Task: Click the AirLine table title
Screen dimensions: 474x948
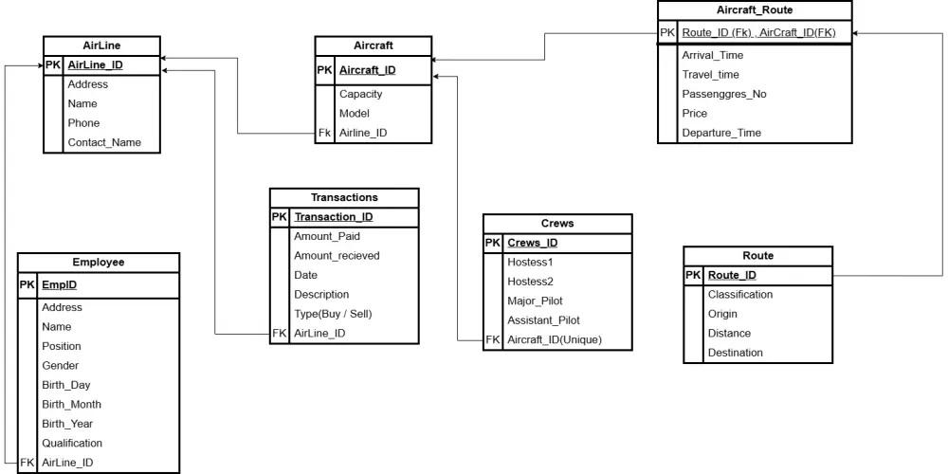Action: pos(101,46)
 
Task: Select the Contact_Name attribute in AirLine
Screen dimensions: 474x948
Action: pos(104,142)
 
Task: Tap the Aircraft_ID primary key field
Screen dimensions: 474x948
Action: pos(367,70)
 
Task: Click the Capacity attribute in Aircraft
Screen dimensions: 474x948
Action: pos(360,94)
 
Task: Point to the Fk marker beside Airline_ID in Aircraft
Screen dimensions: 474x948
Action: pos(325,133)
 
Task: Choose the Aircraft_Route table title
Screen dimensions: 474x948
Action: pos(755,9)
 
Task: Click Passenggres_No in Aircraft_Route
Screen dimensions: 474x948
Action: pos(724,94)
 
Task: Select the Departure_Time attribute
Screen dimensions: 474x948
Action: pos(720,133)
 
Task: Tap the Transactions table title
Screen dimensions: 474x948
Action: pos(344,197)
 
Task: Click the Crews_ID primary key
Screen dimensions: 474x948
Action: pos(532,243)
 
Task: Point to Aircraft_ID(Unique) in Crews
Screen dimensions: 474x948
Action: pos(554,339)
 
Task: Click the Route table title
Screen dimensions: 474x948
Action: pos(757,256)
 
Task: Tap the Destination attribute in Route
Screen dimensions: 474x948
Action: pos(735,353)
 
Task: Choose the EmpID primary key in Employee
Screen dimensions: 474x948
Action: pos(59,284)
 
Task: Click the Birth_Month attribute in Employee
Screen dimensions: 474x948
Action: pos(71,404)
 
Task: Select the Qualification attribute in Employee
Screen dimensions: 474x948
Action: pos(71,443)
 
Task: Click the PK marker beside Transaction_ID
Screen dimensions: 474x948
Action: pos(279,217)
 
